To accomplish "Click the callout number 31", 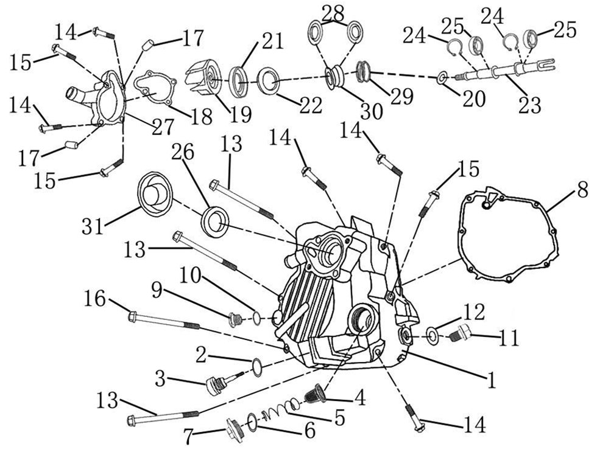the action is pyautogui.click(x=93, y=227).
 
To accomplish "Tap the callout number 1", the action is pyautogui.click(x=492, y=380).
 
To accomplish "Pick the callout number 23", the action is pyautogui.click(x=529, y=105).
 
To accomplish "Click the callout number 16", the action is pyautogui.click(x=94, y=299).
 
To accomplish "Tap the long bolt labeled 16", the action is pyautogui.click(x=164, y=321).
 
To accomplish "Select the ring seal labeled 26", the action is pyautogui.click(x=216, y=221).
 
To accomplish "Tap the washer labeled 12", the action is pyautogui.click(x=433, y=336).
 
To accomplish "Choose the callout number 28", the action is pyautogui.click(x=333, y=13).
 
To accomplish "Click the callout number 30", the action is pyautogui.click(x=371, y=111).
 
